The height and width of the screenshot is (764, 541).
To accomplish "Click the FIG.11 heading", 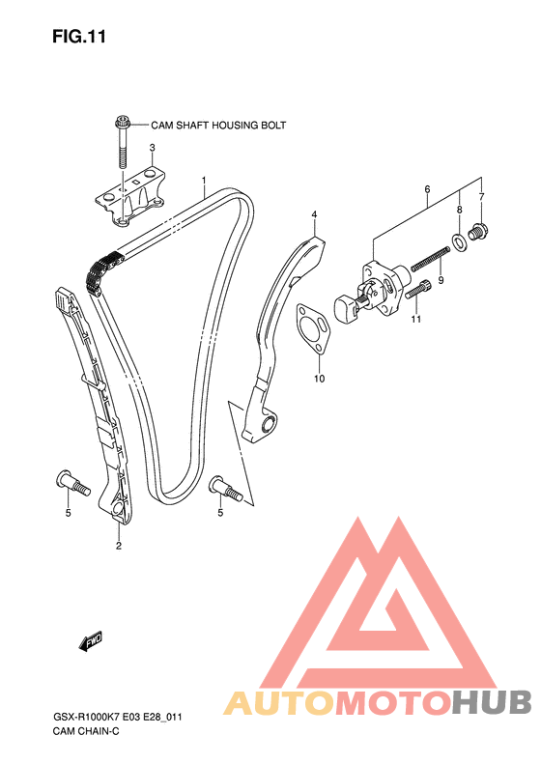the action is (x=79, y=37).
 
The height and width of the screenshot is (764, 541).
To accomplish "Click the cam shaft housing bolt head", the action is (x=122, y=121).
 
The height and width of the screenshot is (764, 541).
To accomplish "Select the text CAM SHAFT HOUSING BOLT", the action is (x=218, y=126).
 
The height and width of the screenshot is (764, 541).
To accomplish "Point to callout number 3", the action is (x=152, y=147).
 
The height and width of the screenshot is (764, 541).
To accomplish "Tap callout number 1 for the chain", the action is (x=204, y=181).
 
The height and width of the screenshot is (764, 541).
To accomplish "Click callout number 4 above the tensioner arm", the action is (x=314, y=214).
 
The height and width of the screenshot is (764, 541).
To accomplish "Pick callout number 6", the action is (x=427, y=189).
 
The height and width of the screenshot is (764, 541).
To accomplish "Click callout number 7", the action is (x=481, y=197).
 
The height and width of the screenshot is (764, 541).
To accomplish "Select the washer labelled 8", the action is (x=458, y=241).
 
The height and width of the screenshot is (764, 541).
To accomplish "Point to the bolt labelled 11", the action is (x=417, y=291).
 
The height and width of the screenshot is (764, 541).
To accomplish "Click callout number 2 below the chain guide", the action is (x=119, y=546).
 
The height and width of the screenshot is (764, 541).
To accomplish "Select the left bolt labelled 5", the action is (x=73, y=483).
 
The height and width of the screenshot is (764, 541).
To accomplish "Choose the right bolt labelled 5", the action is (x=227, y=489).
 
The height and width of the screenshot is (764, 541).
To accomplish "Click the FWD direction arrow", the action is (x=91, y=641).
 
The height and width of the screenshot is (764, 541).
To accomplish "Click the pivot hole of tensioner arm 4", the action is (x=268, y=424).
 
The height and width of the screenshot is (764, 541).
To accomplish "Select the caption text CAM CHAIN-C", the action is (x=86, y=731).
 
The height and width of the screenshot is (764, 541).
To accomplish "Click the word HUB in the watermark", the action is (x=492, y=702).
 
